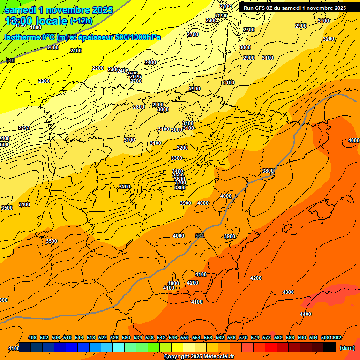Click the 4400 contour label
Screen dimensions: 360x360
(x=305, y=314)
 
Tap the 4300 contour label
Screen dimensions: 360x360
(x=288, y=292)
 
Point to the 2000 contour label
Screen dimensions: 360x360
(x=53, y=47)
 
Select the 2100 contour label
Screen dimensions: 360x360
(x=76, y=51)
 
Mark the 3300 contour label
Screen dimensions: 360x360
(x=177, y=158)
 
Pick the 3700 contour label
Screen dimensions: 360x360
(x=180, y=182)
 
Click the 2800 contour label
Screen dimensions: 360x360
(x=139, y=107)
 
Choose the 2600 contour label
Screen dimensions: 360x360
(x=135, y=77)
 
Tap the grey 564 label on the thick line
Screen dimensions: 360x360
(x=200, y=236)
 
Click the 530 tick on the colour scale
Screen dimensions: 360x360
(x=126, y=337)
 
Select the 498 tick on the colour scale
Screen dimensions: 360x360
(x=32, y=337)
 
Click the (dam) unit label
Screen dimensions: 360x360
(x=347, y=348)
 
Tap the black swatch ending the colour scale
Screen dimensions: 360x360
(x=330, y=347)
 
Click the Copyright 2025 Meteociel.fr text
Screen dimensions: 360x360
(x=199, y=357)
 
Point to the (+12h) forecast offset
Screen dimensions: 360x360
(x=81, y=21)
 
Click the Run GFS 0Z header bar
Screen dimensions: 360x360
(x=294, y=8)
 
